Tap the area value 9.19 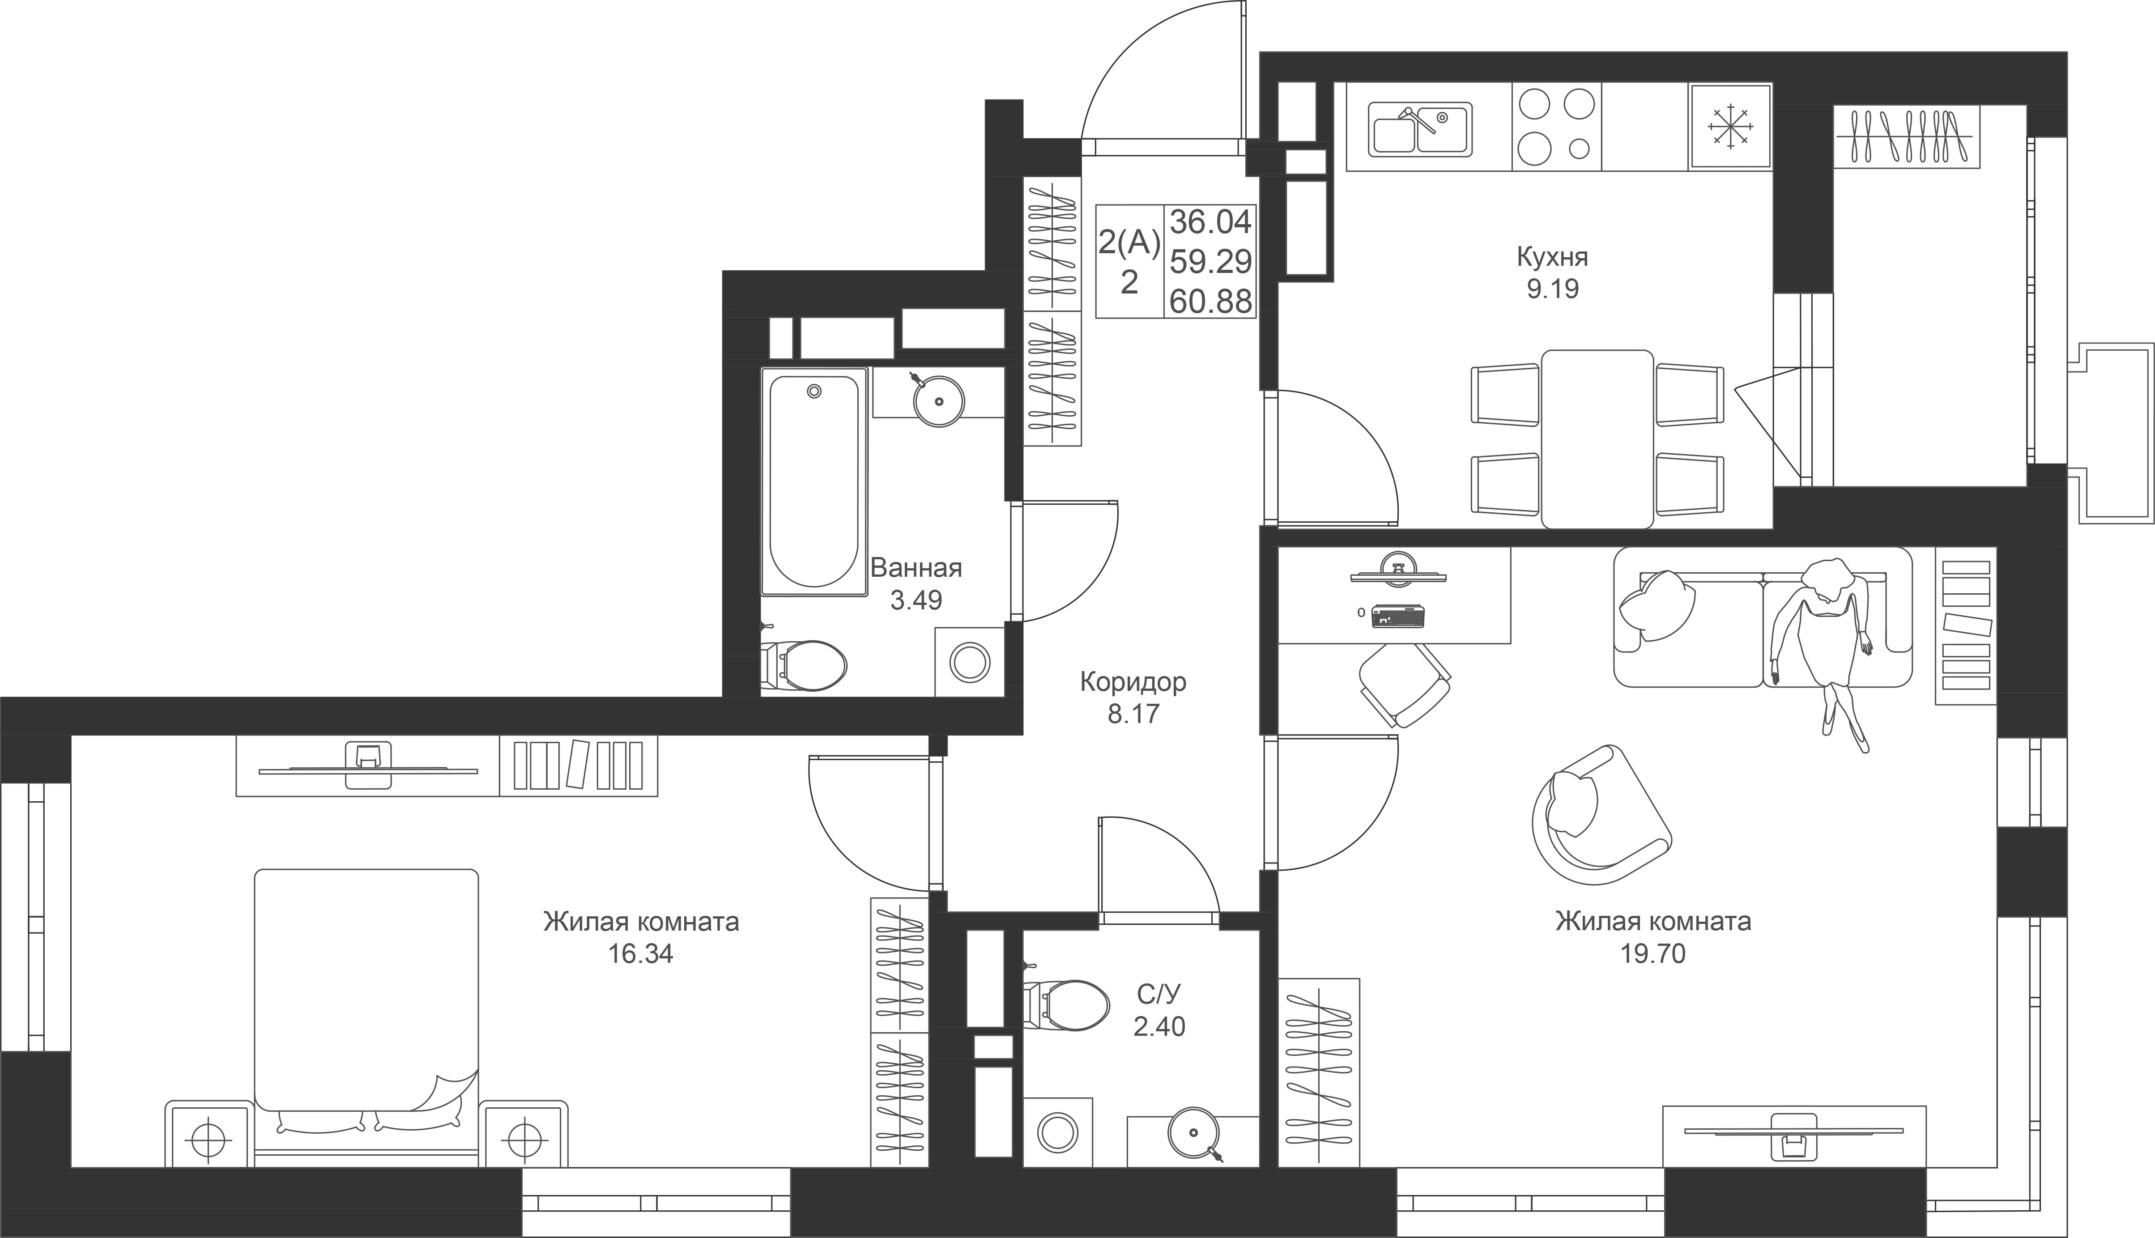click(x=1552, y=289)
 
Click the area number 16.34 click(x=640, y=954)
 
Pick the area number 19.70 click(x=1652, y=954)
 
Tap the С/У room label click(x=1158, y=994)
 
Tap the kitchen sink click(x=1420, y=130)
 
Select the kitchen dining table click(x=1597, y=439)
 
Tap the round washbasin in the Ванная click(x=938, y=400)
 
